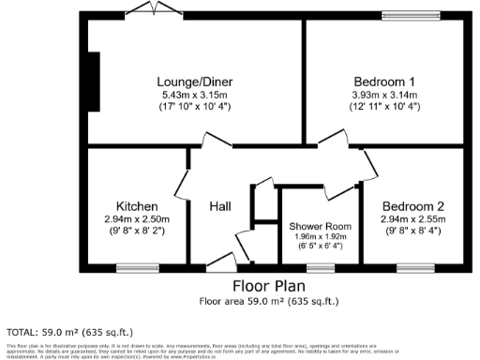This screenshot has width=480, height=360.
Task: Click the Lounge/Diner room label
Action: tap(194, 82)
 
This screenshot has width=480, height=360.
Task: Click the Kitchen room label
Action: tap(136, 205)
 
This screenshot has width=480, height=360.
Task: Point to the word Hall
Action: tap(220, 206)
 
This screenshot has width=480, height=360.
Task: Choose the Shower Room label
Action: tap(320, 226)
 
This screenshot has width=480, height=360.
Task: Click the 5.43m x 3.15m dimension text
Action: tap(194, 95)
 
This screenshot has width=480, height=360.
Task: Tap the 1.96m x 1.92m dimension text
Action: tap(320, 237)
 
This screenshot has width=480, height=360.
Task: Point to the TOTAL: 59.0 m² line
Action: tap(70, 332)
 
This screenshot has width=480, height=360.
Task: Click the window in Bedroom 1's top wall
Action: tap(411, 16)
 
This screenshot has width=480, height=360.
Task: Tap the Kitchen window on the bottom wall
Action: tap(136, 267)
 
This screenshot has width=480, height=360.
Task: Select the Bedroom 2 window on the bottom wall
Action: tap(414, 267)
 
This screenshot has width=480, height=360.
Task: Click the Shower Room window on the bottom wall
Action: tap(320, 267)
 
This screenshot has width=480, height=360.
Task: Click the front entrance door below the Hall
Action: tap(221, 262)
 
